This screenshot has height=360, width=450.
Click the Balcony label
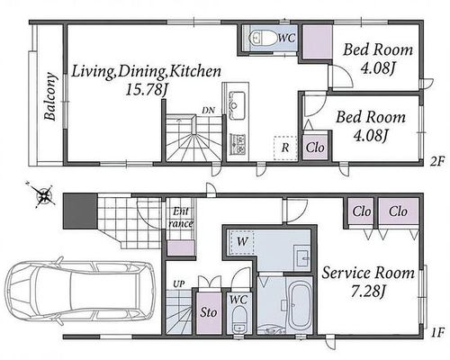(50, 96)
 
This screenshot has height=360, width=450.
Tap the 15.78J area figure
(146, 89)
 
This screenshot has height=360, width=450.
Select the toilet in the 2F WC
(262, 38)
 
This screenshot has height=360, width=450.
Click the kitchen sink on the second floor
(237, 105)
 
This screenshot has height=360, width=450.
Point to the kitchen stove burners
(238, 144)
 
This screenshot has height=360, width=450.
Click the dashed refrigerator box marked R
(285, 148)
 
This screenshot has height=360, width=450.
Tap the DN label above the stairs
(208, 111)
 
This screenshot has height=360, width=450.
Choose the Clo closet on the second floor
(315, 148)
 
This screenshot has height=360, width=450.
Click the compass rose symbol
(44, 195)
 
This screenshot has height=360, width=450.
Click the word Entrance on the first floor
(181, 217)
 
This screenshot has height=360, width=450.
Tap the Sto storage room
(209, 312)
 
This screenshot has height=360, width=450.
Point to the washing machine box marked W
(241, 241)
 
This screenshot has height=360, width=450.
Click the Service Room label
(368, 273)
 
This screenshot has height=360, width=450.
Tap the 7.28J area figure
(368, 291)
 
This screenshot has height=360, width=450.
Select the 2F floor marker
(436, 162)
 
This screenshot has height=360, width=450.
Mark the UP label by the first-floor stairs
(179, 283)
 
